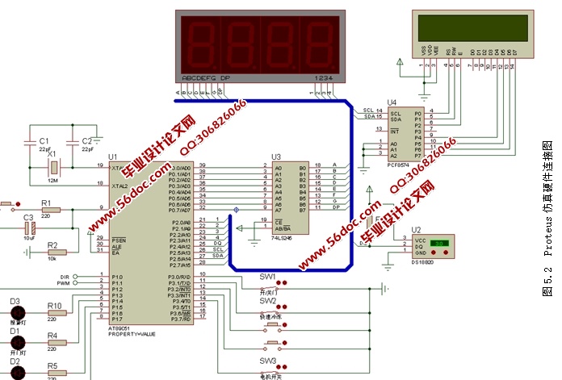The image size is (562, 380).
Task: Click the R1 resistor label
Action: (x=46, y=203)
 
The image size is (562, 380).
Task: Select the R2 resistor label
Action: (x=52, y=243)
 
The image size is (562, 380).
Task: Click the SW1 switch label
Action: (x=267, y=277)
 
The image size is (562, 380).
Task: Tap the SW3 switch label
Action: (x=267, y=361)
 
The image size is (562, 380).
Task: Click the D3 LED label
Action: (x=15, y=301)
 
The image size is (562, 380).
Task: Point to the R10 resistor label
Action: (x=55, y=306)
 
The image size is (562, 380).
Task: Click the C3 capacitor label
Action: (x=28, y=218)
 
